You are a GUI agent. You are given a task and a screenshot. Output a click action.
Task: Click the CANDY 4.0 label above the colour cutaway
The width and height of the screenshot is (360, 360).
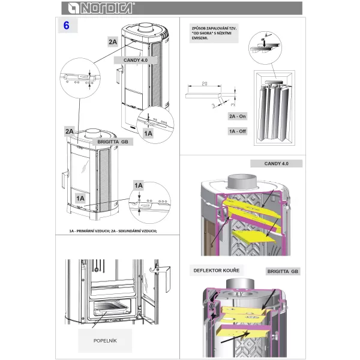275,163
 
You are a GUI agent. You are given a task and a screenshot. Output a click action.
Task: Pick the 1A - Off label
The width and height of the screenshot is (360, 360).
238,130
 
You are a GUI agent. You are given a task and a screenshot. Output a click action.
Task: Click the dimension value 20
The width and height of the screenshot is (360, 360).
205,84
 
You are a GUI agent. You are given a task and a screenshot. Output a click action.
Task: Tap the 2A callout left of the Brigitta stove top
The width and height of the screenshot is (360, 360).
70,131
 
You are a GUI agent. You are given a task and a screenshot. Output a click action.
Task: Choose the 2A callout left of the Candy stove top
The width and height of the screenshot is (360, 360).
113,41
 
